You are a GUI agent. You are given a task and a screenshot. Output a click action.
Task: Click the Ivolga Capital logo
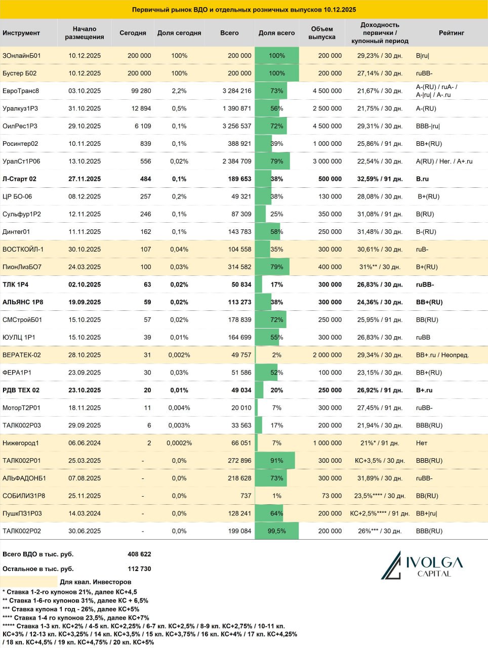tap(422, 565)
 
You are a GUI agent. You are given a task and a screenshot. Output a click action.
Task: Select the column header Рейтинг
tap(452, 33)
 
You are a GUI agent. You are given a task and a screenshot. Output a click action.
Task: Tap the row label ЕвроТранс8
tap(21, 91)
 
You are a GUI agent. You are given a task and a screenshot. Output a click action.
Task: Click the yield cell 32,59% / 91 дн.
tap(380, 179)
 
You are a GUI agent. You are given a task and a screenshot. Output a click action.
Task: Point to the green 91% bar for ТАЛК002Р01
tap(274, 461)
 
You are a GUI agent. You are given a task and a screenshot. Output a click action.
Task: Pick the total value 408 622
tap(139, 554)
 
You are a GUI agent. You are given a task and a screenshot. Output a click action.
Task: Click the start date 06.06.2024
tap(85, 443)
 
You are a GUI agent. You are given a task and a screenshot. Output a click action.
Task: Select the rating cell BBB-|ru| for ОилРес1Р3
tap(428, 126)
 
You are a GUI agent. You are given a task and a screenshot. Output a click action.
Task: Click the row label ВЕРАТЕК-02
tap(22, 355)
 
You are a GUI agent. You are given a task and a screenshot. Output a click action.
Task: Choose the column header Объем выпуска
tap(322, 33)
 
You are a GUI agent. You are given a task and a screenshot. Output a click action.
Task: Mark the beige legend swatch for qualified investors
tap(29, 582)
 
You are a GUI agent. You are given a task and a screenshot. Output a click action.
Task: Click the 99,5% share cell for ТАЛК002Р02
tap(276, 531)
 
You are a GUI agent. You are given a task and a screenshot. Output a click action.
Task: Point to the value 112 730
tap(139, 569)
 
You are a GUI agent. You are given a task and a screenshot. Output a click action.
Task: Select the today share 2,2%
tap(179, 91)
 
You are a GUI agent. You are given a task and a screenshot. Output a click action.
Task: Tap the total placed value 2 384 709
tap(237, 161)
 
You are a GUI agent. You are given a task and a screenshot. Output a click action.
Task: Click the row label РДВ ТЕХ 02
tap(21, 390)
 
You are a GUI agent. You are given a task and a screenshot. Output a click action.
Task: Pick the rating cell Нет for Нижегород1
tap(422, 443)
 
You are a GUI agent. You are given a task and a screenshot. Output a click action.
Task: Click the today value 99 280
tap(141, 91)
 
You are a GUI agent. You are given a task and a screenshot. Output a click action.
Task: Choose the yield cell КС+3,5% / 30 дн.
tap(380, 461)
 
